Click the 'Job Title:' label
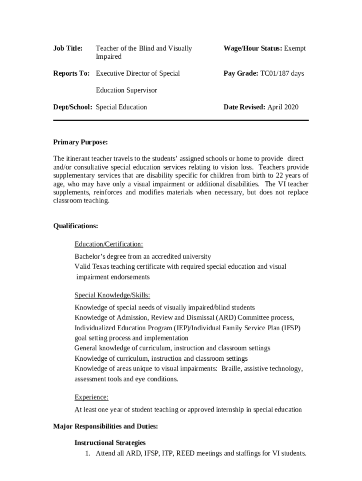click(68, 48)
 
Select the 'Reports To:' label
click(71, 73)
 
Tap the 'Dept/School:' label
click(72, 107)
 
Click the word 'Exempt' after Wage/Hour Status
click(295, 48)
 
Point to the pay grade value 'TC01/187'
click(275, 73)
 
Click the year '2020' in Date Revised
click(291, 107)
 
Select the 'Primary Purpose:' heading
click(80, 142)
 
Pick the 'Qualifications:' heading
click(76, 226)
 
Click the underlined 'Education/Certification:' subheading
click(109, 244)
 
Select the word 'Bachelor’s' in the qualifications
click(91, 256)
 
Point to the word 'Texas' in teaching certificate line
click(100, 267)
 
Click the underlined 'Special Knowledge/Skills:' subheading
click(112, 295)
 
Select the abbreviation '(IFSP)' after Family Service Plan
click(291, 328)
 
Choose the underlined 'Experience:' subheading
click(91, 397)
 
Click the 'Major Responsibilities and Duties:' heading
click(105, 427)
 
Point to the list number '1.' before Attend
click(87, 454)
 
